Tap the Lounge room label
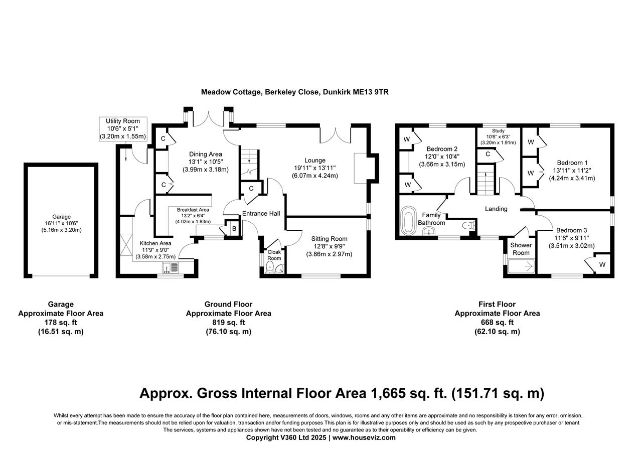(314, 161)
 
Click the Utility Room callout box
(123, 129)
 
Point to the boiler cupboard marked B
(233, 228)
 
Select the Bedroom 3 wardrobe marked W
(602, 264)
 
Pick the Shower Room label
(521, 249)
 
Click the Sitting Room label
(329, 239)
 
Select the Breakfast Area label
(193, 210)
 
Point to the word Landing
(496, 209)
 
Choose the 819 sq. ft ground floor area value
(228, 323)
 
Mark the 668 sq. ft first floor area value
(497, 323)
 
